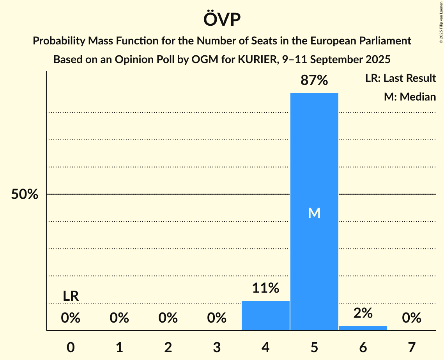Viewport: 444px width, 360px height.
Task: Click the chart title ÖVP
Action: click(222, 19)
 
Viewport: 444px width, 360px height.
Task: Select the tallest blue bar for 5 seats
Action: click(314, 156)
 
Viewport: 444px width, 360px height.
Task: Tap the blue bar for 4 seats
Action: click(265, 316)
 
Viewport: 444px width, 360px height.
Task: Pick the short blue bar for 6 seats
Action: click(363, 328)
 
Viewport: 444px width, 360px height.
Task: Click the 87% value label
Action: click(314, 80)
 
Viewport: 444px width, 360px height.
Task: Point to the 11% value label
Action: click(265, 288)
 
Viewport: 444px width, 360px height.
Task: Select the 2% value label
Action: click(363, 313)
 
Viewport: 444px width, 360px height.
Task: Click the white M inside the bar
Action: click(314, 213)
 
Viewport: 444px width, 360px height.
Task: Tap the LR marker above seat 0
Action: click(71, 296)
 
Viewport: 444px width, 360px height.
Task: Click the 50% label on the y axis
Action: click(25, 194)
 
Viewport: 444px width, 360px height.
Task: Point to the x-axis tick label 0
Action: click(71, 347)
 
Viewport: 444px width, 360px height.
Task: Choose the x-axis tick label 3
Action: click(217, 347)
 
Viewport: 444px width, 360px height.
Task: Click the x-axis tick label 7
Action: click(412, 347)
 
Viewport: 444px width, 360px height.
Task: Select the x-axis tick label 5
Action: click(314, 347)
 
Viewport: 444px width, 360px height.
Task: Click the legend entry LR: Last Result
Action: click(400, 78)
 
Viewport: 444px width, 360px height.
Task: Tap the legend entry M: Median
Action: click(410, 97)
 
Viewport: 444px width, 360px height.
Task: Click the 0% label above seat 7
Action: click(412, 318)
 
